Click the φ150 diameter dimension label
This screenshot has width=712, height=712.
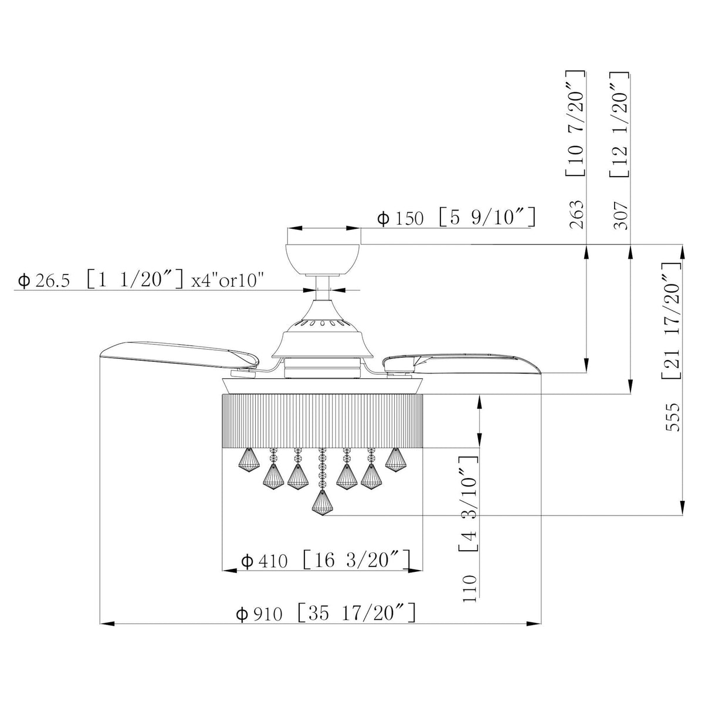coord(400,219)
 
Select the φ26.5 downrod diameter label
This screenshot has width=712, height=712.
coord(44,280)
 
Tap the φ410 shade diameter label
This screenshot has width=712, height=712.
coord(265,561)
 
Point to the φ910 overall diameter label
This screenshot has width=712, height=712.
coord(259,614)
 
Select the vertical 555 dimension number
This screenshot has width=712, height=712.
coord(674,417)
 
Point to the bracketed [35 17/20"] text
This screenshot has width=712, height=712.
coord(357,613)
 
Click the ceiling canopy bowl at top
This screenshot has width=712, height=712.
coord(323,258)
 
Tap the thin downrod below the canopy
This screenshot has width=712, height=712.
coord(322,288)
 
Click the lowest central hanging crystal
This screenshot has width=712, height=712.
coord(321,503)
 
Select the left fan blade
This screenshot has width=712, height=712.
coord(176,357)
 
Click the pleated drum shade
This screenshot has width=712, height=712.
coord(322,421)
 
